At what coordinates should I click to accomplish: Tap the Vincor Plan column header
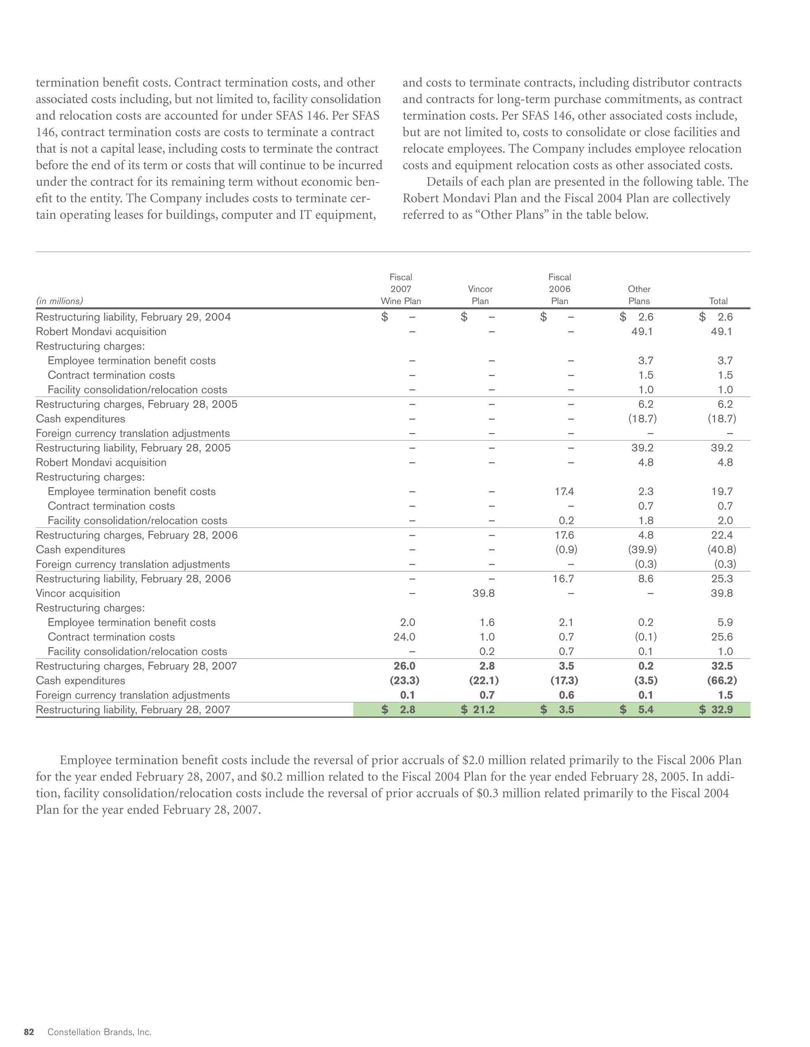click(x=480, y=295)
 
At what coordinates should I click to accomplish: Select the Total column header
click(x=718, y=301)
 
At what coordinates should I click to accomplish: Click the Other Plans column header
click(x=639, y=295)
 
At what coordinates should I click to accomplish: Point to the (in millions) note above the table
click(x=59, y=301)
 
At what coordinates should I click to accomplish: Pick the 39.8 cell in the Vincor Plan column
click(x=483, y=593)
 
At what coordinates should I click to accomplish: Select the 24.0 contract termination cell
click(x=404, y=637)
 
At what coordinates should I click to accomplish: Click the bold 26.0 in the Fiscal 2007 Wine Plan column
click(x=404, y=666)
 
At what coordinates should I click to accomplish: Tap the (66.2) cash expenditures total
click(x=722, y=681)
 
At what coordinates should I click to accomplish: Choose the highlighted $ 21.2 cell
click(x=477, y=710)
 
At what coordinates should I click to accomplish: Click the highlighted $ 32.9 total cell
click(x=716, y=710)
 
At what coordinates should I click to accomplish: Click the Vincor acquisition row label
click(x=78, y=593)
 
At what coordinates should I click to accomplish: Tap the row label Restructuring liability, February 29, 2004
click(x=133, y=317)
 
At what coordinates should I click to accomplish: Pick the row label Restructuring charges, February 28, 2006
click(x=136, y=535)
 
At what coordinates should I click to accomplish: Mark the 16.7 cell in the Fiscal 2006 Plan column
click(x=563, y=579)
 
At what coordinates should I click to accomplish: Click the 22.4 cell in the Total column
click(x=722, y=535)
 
